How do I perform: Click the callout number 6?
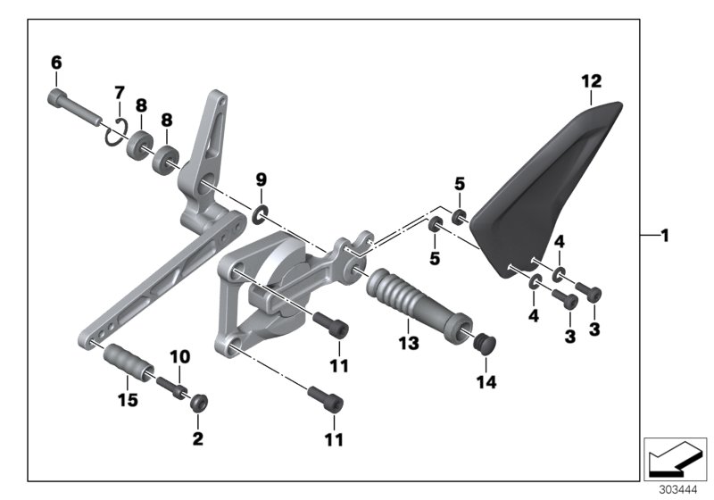[x=56, y=62]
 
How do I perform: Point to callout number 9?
[x=262, y=179]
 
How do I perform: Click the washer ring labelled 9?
[x=260, y=213]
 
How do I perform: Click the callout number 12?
[x=592, y=81]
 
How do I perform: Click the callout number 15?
[x=128, y=401]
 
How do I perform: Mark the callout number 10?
[x=180, y=357]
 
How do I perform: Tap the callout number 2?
[x=198, y=438]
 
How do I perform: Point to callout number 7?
[x=119, y=93]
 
